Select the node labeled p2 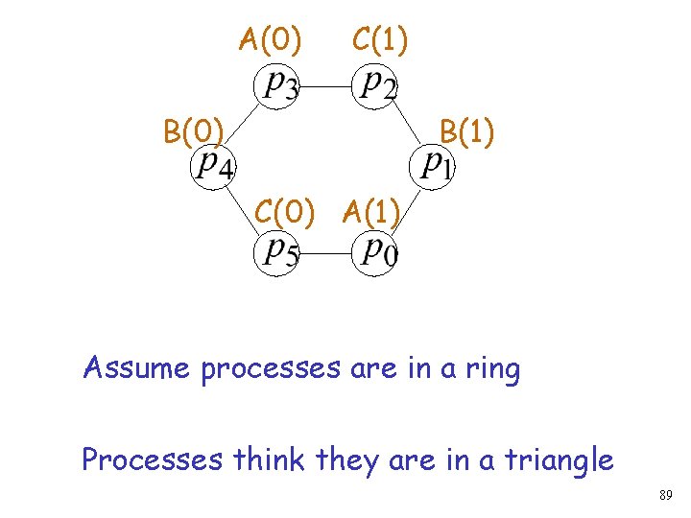[374, 84]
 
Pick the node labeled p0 [374, 252]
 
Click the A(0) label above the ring [271, 40]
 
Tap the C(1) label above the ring [380, 40]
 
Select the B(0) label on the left [194, 130]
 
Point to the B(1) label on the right [466, 130]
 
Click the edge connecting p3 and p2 [326, 85]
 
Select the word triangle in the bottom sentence [554, 461]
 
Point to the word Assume [138, 368]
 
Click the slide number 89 [665, 496]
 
